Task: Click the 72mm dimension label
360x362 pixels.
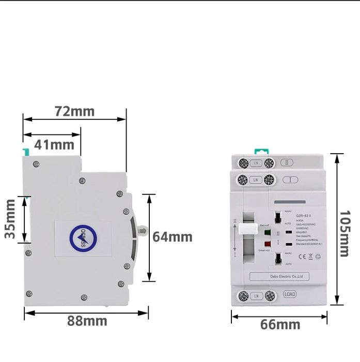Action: point(75,112)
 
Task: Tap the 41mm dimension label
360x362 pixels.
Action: point(54,145)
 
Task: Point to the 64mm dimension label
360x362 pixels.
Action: point(172,237)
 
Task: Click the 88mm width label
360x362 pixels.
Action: point(87,321)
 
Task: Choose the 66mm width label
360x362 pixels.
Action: point(279,325)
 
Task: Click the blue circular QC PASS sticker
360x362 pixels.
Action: point(83,238)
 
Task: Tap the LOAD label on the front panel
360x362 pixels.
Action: point(290,295)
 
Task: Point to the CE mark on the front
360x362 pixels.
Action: point(296,256)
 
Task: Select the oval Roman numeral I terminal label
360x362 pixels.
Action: point(290,180)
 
